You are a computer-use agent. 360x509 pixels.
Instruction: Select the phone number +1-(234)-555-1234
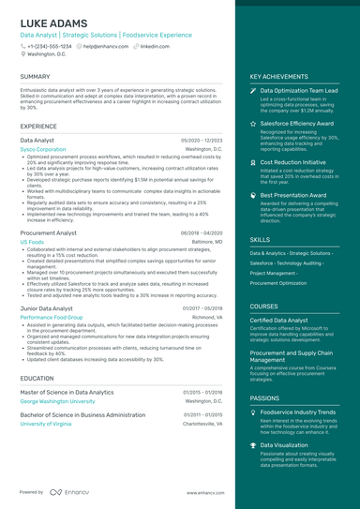(x=49, y=45)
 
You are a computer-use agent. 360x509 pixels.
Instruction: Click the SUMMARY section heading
(x=35, y=76)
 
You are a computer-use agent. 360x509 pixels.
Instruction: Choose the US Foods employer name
(x=32, y=241)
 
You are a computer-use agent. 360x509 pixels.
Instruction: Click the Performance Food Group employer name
(x=52, y=317)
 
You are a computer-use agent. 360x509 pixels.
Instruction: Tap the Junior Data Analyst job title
(x=48, y=307)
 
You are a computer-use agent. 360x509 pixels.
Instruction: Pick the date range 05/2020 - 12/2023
(x=202, y=139)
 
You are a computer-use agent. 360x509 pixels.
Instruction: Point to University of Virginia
(x=45, y=423)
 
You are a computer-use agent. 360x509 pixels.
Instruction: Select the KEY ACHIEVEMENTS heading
(x=279, y=76)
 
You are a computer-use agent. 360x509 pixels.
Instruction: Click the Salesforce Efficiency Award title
(x=296, y=123)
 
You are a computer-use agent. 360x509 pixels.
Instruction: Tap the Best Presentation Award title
(x=293, y=195)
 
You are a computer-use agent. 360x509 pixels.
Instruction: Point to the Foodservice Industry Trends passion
(x=298, y=412)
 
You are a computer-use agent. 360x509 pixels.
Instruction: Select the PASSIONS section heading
(x=264, y=397)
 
